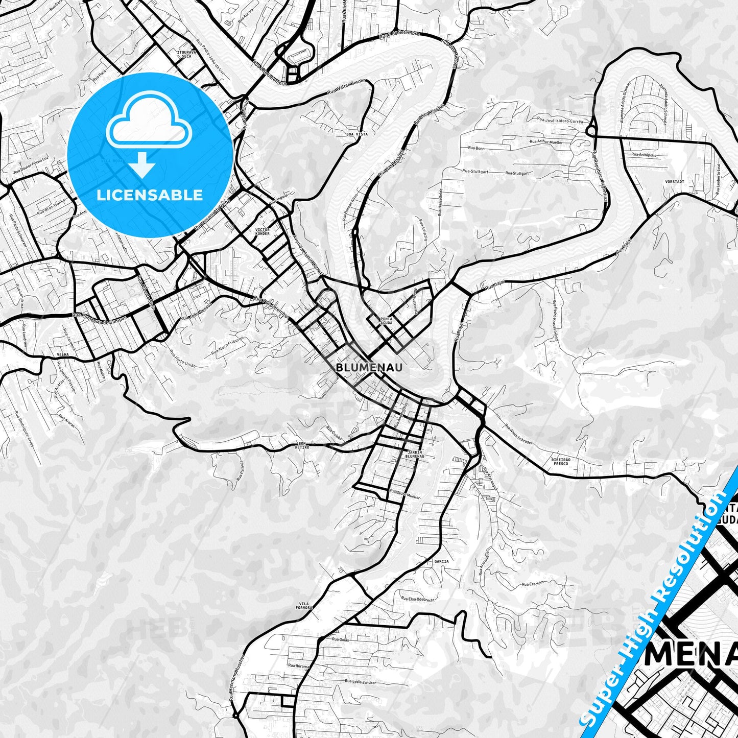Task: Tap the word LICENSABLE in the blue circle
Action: pos(150,195)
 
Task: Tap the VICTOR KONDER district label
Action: pos(263,232)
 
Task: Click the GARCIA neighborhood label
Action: pos(441,561)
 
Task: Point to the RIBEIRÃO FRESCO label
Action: pos(561,462)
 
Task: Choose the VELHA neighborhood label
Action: pos(63,354)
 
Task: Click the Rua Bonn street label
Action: pos(476,148)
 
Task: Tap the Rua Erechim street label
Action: pos(533,583)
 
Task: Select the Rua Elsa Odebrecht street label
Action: pos(418,599)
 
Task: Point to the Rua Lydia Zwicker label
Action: pos(360,682)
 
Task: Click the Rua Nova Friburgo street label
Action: pos(228,347)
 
